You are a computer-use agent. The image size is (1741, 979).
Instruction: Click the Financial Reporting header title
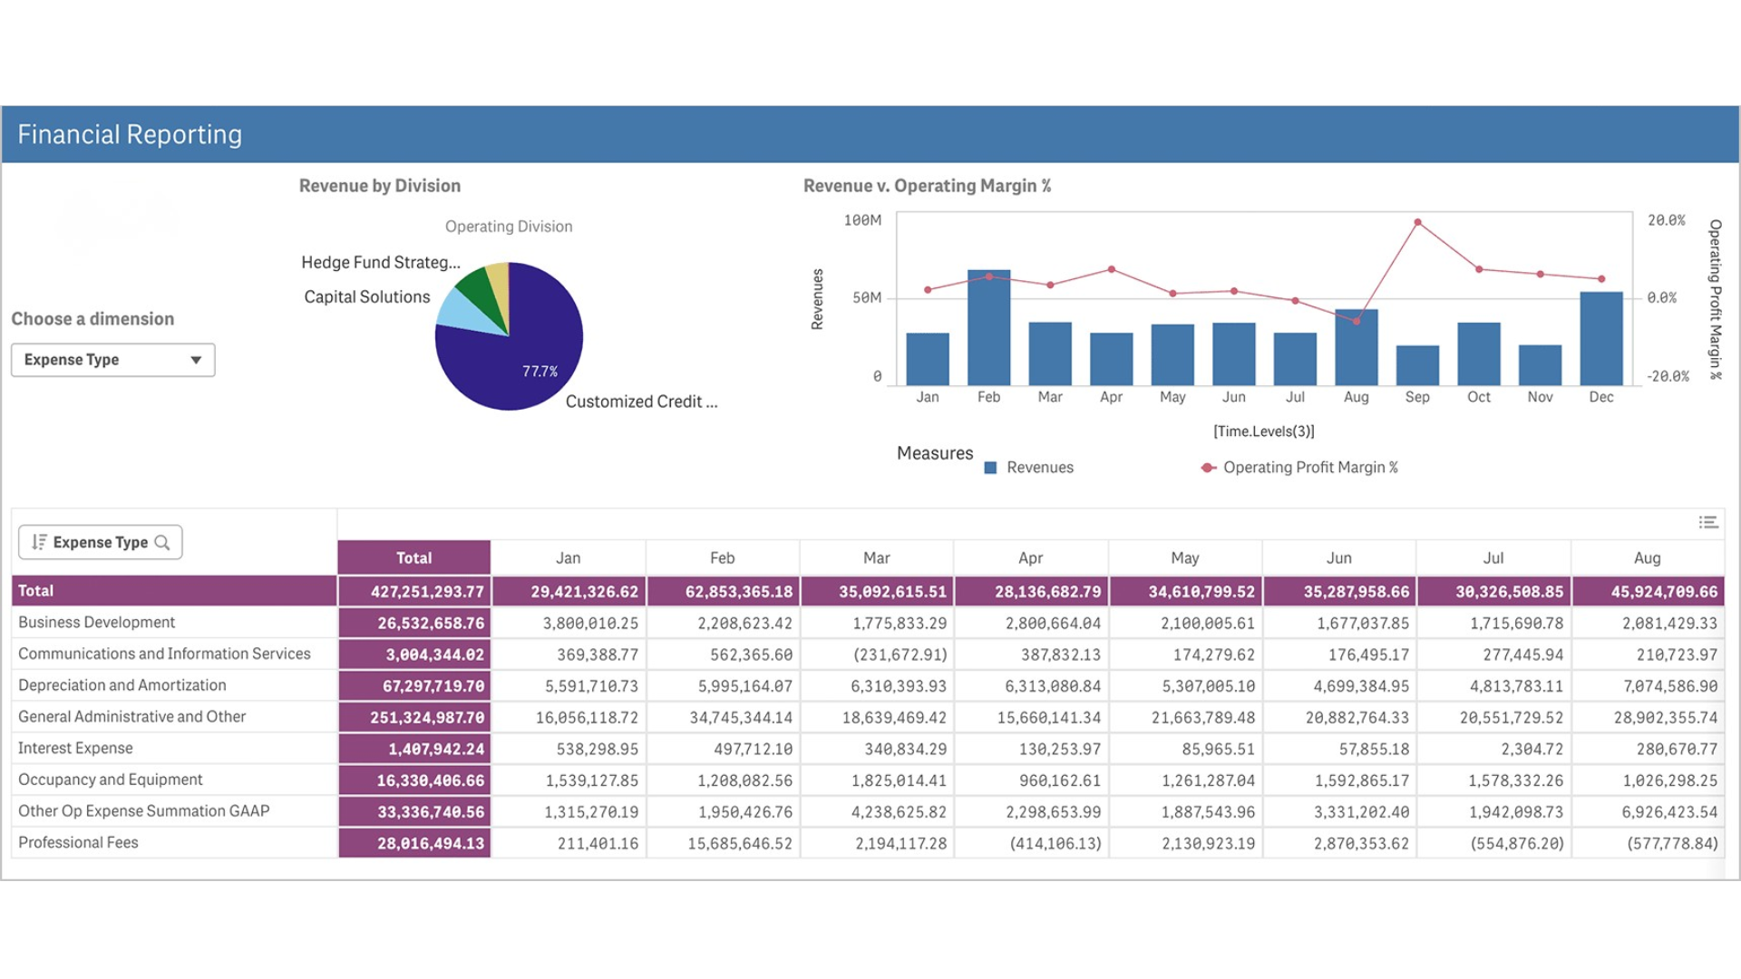click(130, 135)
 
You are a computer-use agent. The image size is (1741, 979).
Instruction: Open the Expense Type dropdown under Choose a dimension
click(112, 360)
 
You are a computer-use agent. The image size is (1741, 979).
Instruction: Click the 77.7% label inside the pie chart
click(540, 372)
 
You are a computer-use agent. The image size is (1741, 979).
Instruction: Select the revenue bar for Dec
click(1600, 340)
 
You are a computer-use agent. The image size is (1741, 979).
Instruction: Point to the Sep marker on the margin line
click(1417, 222)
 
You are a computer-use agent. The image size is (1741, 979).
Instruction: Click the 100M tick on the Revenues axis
click(861, 220)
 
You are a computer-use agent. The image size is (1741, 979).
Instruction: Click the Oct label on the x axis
click(1478, 397)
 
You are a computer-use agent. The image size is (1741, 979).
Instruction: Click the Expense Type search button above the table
click(101, 542)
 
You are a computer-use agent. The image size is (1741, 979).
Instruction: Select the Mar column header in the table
click(876, 558)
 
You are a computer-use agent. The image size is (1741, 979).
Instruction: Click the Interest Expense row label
click(75, 748)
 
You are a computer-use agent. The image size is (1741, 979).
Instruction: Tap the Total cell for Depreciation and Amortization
click(415, 686)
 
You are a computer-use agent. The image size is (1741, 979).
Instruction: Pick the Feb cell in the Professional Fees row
click(739, 844)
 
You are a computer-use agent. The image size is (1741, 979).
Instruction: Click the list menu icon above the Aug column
click(1707, 522)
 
